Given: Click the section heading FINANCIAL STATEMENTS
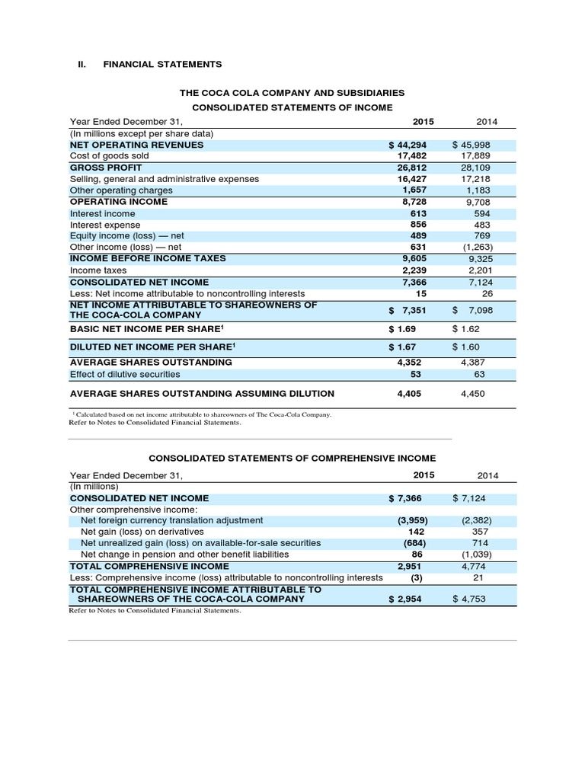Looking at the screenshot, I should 162,64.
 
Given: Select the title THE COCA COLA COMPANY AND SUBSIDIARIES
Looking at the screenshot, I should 292,92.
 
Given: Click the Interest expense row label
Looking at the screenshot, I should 105,225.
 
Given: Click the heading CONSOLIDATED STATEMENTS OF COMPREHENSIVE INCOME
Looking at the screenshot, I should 292,458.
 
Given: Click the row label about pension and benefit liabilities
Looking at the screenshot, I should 185,555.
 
